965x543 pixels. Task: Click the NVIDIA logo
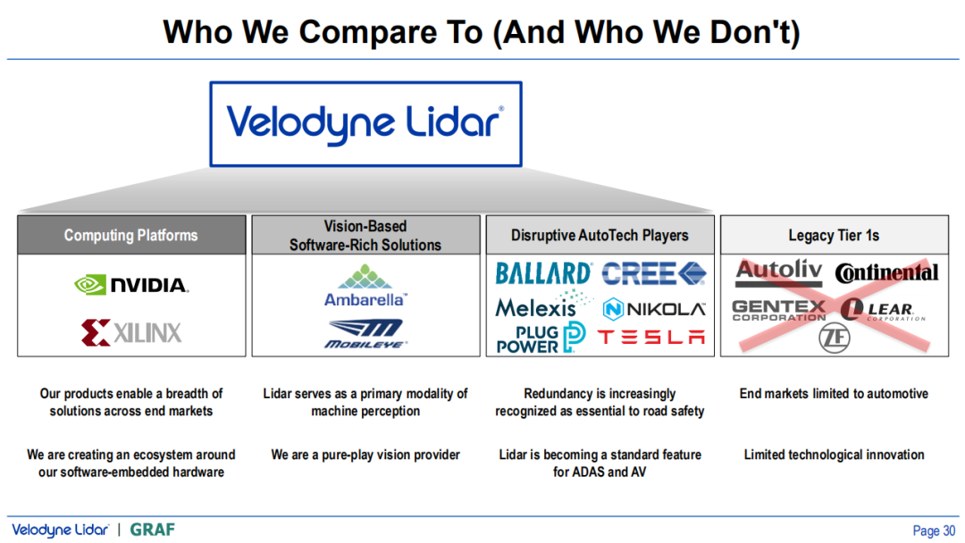131,285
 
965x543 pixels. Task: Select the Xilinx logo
131,333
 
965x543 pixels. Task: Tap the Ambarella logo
365,286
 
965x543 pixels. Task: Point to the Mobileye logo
365,334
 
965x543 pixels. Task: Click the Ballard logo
543,273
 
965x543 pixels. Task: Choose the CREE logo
653,273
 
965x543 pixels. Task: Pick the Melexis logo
543,304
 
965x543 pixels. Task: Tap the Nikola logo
653,309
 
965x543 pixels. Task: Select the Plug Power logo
541,338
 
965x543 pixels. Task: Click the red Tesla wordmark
651,337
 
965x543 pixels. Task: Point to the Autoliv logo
779,272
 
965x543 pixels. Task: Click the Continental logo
886,272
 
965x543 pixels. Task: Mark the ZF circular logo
835,338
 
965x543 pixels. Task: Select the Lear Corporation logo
883,309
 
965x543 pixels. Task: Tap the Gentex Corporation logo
779,310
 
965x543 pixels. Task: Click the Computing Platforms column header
131,235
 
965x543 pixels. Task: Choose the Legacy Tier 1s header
834,235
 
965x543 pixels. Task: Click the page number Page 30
934,530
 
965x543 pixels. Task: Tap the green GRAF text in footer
153,530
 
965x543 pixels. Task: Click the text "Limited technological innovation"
834,455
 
